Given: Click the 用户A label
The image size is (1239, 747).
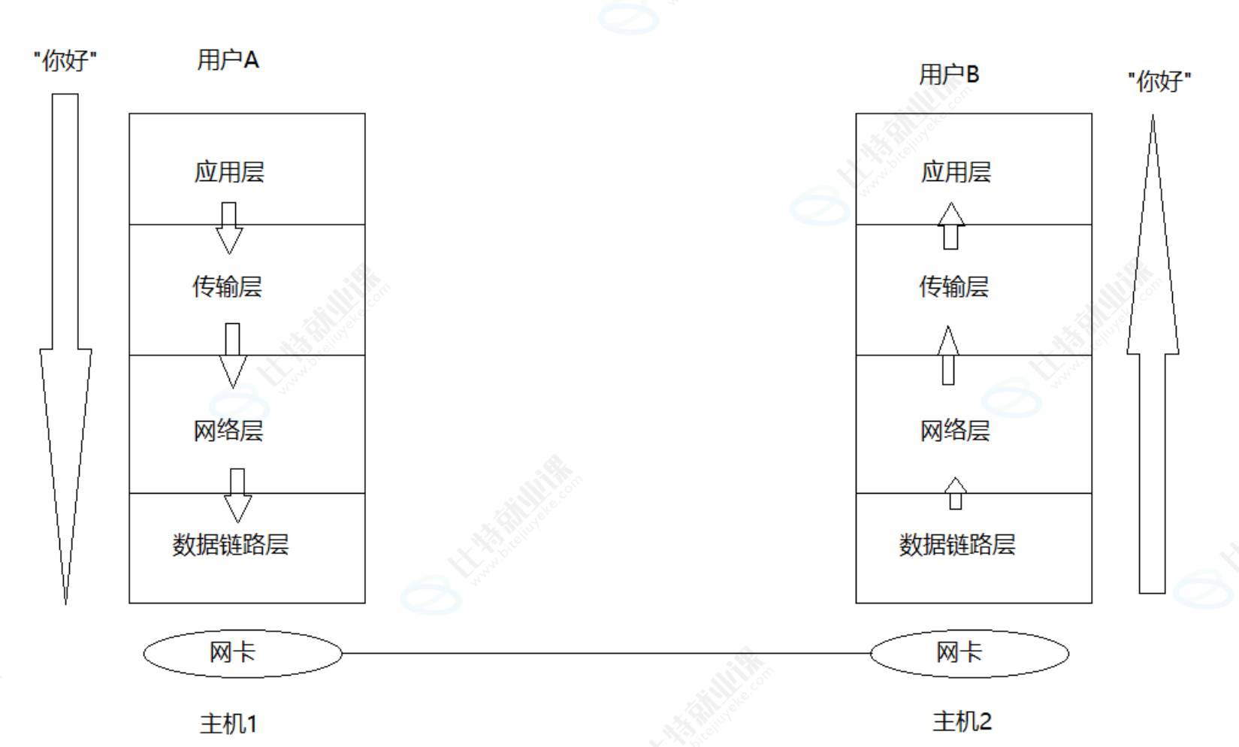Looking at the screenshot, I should point(228,60).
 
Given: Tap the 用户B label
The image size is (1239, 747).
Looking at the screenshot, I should point(949,74).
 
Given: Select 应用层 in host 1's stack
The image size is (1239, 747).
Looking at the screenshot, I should point(229,172).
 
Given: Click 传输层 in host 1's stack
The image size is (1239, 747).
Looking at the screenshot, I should point(227,286).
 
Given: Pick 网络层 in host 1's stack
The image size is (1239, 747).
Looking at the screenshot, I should point(228,431).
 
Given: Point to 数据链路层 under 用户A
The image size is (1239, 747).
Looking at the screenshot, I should point(231,544).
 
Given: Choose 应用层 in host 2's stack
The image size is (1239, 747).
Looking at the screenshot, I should point(956,172).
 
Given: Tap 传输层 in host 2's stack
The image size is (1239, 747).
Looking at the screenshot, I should point(953,286).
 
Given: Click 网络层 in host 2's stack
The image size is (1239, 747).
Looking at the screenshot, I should point(955,431).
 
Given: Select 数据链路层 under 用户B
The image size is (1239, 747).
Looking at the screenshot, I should point(957,544).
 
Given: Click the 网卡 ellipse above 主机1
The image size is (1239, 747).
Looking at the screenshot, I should point(242,653).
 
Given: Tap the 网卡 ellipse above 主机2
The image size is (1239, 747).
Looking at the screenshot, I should point(969,653).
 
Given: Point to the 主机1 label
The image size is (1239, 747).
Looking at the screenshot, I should point(228,724).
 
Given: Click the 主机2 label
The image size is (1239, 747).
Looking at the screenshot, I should point(962,721).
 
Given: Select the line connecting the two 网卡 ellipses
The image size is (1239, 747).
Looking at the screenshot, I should point(606,653).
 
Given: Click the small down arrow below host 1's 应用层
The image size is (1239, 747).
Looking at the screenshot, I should point(229,228).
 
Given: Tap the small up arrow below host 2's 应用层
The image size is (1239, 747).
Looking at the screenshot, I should point(951,225).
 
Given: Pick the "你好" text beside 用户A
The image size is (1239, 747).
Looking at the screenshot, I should point(65,60).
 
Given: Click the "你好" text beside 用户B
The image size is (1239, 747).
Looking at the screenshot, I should point(1159,81).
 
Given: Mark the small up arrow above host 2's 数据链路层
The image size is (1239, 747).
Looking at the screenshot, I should point(955,493).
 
